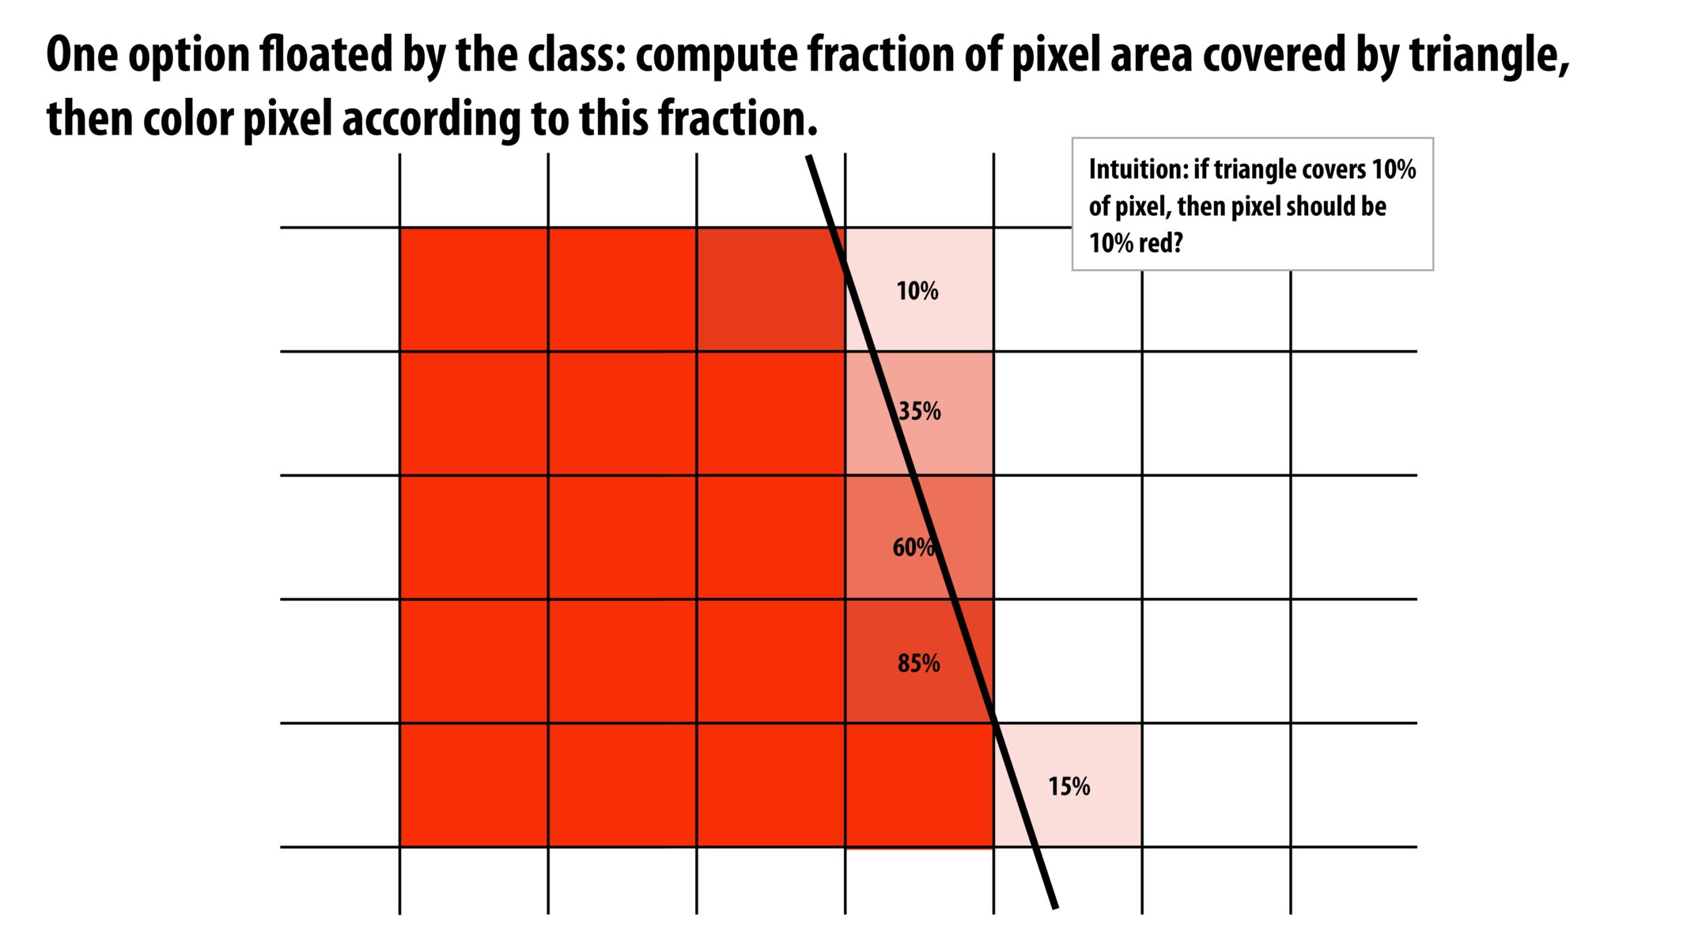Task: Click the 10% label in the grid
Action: pos(917,291)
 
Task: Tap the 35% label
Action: pos(920,411)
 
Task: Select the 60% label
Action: pos(913,547)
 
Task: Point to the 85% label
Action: pos(919,664)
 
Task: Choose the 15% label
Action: pos(1069,787)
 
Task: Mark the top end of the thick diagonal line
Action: pos(809,157)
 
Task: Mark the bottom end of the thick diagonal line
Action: pos(1054,907)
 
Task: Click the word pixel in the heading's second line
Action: pos(287,120)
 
